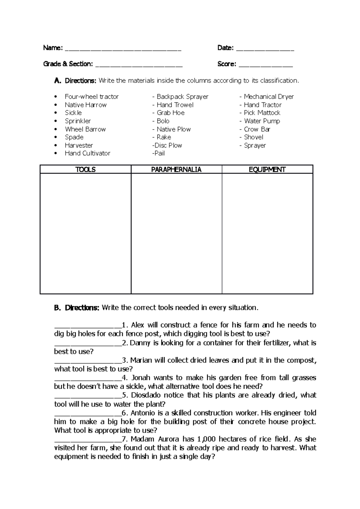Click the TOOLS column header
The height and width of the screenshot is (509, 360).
tap(85, 170)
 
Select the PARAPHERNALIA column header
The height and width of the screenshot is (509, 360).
tap(176, 170)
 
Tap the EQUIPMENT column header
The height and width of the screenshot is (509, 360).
tap(267, 170)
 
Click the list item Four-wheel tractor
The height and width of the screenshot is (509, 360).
tap(91, 97)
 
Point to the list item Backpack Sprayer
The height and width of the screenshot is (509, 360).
tap(182, 97)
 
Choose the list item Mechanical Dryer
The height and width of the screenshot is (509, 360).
tap(268, 97)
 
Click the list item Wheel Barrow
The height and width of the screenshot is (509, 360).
tap(85, 129)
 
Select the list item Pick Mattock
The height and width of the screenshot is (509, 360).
tap(262, 113)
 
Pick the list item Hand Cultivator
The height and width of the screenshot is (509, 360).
tap(87, 153)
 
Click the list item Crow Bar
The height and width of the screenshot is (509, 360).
tap(257, 129)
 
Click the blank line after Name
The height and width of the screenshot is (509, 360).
tap(123, 49)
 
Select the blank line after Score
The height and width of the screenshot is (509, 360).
tap(265, 65)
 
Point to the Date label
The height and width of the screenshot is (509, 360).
tap(225, 48)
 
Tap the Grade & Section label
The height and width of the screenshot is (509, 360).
tap(68, 64)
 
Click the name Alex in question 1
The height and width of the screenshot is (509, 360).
tap(138, 325)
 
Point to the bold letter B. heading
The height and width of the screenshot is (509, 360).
tap(58, 308)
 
